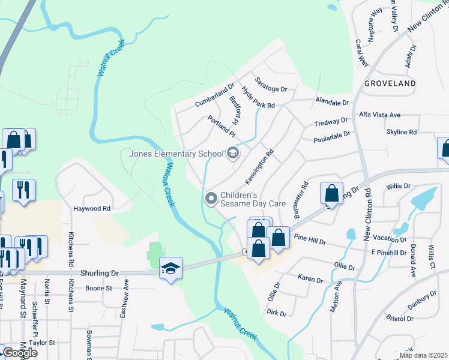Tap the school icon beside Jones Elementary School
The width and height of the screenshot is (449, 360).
click(x=232, y=154)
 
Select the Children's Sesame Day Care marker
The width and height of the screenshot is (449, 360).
click(x=211, y=198)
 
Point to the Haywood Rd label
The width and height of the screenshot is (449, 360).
click(x=92, y=209)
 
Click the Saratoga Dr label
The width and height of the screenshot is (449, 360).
click(x=271, y=85)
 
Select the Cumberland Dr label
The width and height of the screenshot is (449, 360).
click(x=214, y=95)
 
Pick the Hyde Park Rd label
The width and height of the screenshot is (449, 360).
click(x=258, y=97)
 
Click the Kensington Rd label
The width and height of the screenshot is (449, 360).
click(x=259, y=167)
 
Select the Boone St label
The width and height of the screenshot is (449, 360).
click(x=99, y=288)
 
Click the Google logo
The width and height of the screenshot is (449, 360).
click(x=20, y=353)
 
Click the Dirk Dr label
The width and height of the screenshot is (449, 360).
click(x=277, y=313)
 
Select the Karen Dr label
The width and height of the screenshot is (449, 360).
click(x=311, y=280)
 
